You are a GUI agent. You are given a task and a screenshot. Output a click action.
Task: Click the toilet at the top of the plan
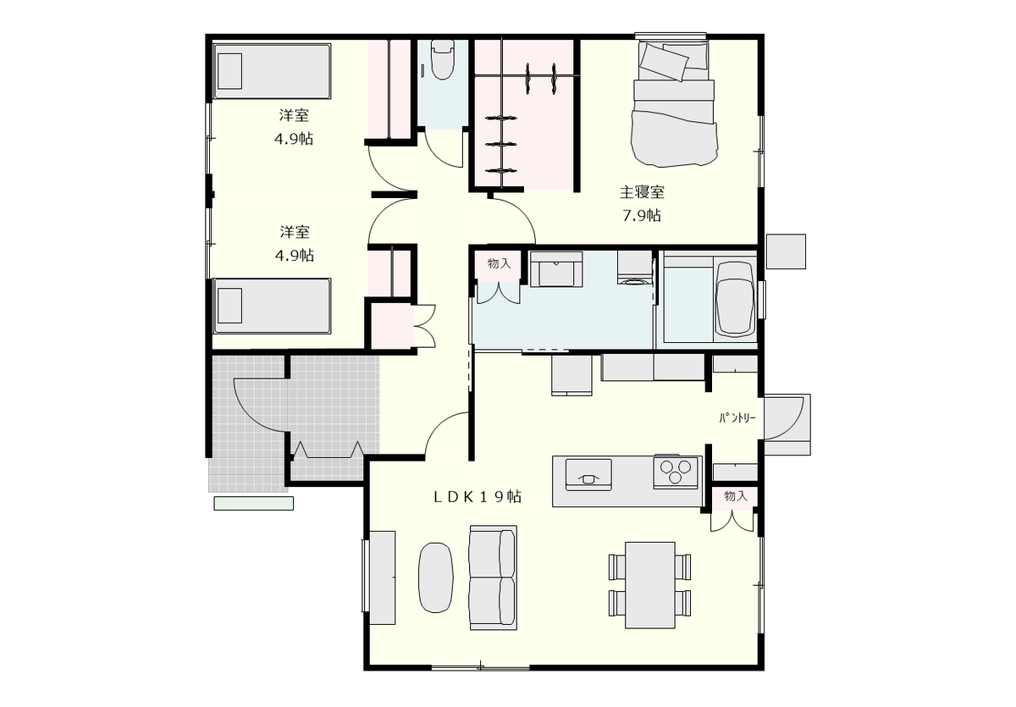[x=442, y=59]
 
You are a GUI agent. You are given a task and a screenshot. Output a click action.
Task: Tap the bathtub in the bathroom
[x=734, y=300]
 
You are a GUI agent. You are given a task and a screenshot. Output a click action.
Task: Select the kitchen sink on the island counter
[x=588, y=474]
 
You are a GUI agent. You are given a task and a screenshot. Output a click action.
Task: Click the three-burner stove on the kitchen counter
[x=676, y=471]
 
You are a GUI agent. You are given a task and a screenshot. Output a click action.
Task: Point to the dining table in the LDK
[x=650, y=585]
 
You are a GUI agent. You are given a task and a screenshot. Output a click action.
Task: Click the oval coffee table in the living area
[x=435, y=578]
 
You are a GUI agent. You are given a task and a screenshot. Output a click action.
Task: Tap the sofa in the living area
[x=493, y=577]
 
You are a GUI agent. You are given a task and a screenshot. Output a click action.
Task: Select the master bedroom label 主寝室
[x=642, y=192]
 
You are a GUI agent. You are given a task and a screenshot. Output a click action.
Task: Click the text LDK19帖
[x=478, y=497]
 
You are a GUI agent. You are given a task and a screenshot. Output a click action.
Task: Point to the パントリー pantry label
[x=737, y=418]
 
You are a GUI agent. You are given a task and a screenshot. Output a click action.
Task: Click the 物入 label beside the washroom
[x=499, y=263]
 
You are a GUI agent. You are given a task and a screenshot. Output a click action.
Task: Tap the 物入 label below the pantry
[x=736, y=496]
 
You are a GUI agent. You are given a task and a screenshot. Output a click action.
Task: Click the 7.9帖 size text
[x=642, y=215]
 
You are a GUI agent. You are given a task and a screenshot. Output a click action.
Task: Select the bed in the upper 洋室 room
[x=272, y=71]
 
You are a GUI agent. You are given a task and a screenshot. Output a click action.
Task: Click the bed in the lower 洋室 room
[x=272, y=307]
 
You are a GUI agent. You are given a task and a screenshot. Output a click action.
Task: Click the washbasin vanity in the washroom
[x=556, y=269]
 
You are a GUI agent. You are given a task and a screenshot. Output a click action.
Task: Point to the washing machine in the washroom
[x=635, y=268]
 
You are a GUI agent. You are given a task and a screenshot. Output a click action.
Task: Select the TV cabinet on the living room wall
[x=383, y=577]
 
